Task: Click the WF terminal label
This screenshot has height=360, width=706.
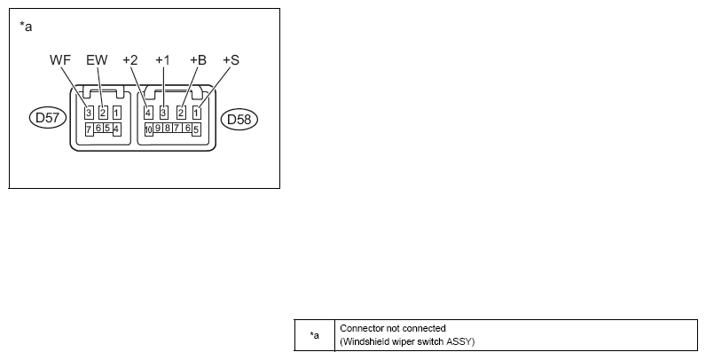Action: tap(60, 59)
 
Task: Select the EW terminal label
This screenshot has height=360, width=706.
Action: tap(97, 59)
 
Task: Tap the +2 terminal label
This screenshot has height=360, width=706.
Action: tap(130, 59)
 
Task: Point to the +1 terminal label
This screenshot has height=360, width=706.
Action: tap(162, 59)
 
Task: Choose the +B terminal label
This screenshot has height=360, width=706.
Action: tap(198, 59)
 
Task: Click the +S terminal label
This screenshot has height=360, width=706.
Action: tap(231, 59)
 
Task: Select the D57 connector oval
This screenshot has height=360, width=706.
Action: tap(48, 118)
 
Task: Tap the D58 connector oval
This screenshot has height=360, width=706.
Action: tap(239, 119)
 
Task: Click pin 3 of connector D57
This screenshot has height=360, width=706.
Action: tap(90, 113)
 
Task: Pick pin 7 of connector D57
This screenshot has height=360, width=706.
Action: tap(90, 129)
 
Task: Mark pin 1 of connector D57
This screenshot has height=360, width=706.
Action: tap(116, 113)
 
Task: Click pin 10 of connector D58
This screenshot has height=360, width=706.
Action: tap(149, 129)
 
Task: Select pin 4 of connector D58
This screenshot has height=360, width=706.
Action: tap(148, 113)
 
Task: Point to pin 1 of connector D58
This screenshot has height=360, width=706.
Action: tap(196, 113)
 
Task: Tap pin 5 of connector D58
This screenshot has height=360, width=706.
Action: tap(196, 129)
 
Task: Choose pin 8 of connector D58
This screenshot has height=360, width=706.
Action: tap(167, 128)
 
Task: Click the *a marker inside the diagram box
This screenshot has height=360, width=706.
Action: tap(26, 27)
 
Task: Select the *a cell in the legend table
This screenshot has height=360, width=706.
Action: tap(315, 335)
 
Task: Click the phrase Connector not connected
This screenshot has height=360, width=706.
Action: tap(393, 328)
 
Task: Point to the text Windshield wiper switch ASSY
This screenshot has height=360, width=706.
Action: tap(407, 341)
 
